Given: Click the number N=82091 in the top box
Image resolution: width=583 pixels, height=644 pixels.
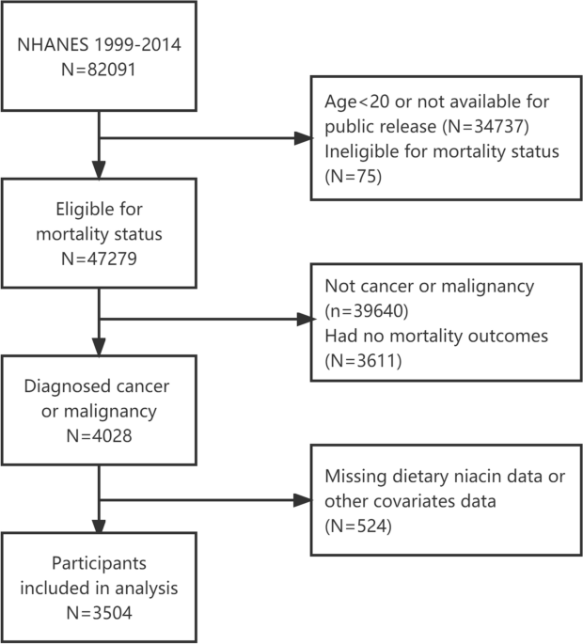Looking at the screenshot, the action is pos(99,69).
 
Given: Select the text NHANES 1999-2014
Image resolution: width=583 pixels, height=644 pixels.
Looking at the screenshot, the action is pos(99,44).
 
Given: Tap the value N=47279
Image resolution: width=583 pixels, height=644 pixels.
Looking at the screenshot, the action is pos(99,259).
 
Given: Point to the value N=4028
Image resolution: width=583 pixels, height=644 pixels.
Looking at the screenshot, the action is pos(99,436).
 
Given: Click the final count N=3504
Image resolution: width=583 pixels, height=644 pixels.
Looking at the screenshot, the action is pos(99,613).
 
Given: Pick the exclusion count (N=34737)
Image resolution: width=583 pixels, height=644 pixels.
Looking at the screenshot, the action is pos(485,126).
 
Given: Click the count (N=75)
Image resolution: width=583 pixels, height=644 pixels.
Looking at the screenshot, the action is pos(353,176).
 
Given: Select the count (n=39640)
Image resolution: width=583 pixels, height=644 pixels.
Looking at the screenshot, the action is pos(367,311).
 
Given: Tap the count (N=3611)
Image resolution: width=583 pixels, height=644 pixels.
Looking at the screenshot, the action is pos(363,361).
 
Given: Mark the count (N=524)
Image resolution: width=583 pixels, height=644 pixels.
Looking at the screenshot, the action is pos(358,526).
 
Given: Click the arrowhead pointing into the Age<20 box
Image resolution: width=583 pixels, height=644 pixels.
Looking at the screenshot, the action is pos(303,138).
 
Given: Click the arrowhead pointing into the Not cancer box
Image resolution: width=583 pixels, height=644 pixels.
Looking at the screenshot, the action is pos(306,319).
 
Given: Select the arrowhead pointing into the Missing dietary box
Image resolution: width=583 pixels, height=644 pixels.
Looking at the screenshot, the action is pos(303,500).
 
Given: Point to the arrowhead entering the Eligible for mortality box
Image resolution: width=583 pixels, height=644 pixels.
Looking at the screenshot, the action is pos(99,170).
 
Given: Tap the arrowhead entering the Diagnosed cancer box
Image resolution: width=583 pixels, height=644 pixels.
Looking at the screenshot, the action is pos(99,347).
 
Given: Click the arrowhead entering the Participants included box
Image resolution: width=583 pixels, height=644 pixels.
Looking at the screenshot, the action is pos(99,526).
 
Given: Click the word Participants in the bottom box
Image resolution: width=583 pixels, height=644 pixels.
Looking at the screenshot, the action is pos(99,563).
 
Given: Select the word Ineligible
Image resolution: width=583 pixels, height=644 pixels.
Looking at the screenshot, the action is pos(361,151).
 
